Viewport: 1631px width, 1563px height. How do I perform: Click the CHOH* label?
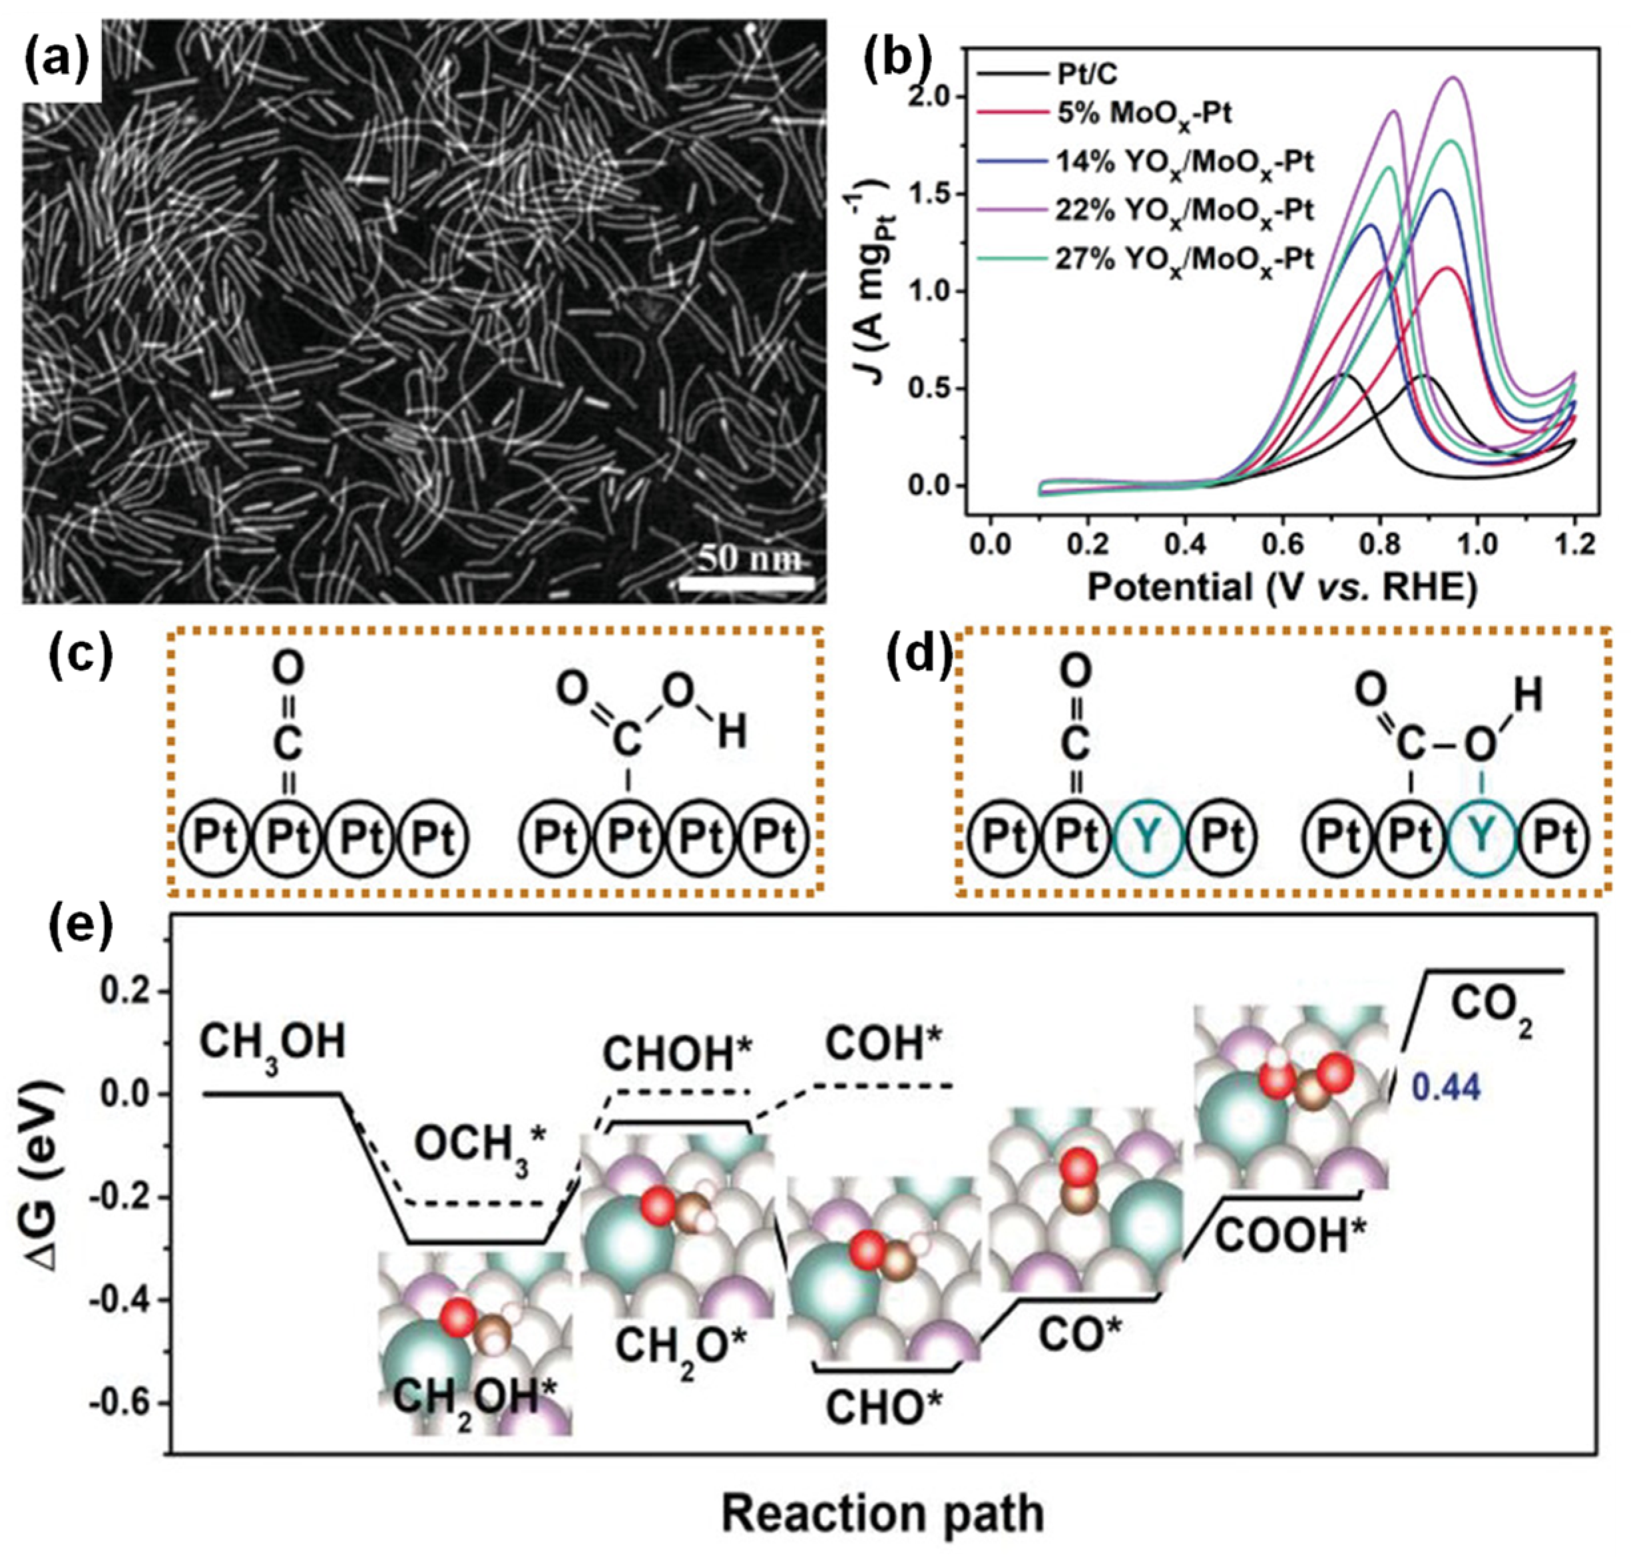[678, 1054]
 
